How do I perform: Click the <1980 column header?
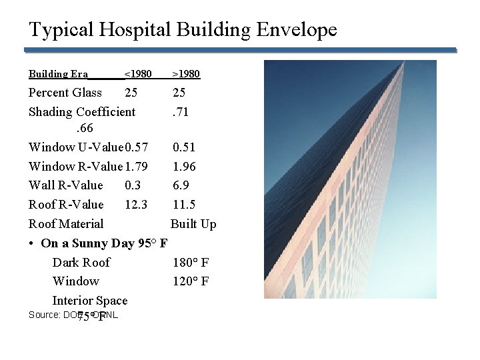point(138,73)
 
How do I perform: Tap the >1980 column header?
point(186,73)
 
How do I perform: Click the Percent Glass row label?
point(65,93)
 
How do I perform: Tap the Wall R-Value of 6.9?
point(181,185)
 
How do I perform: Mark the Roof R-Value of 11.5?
point(184,205)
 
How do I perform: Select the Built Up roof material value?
point(193,224)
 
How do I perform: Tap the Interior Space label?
point(89,301)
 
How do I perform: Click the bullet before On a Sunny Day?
point(33,243)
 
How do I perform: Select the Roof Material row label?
point(66,224)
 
